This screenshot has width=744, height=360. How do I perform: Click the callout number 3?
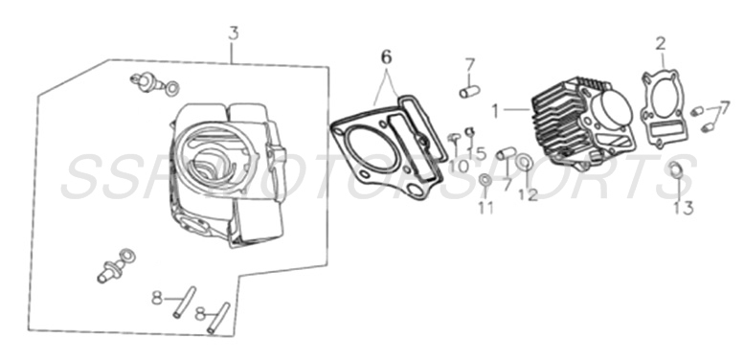click(233, 34)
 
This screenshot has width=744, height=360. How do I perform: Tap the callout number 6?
click(386, 57)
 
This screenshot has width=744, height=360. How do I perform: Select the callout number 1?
click(495, 110)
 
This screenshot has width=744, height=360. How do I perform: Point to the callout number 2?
click(660, 43)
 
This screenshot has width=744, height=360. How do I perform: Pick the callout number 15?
click(477, 153)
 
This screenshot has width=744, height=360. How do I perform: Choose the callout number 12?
click(528, 195)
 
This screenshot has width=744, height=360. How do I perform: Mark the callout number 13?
click(683, 207)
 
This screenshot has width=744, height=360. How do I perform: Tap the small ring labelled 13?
click(675, 171)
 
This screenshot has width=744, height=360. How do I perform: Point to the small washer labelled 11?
click(486, 180)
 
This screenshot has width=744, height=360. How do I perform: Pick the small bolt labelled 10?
click(452, 140)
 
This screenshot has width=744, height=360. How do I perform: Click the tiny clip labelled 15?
click(470, 131)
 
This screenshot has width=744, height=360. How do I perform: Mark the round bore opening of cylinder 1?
click(610, 111)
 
